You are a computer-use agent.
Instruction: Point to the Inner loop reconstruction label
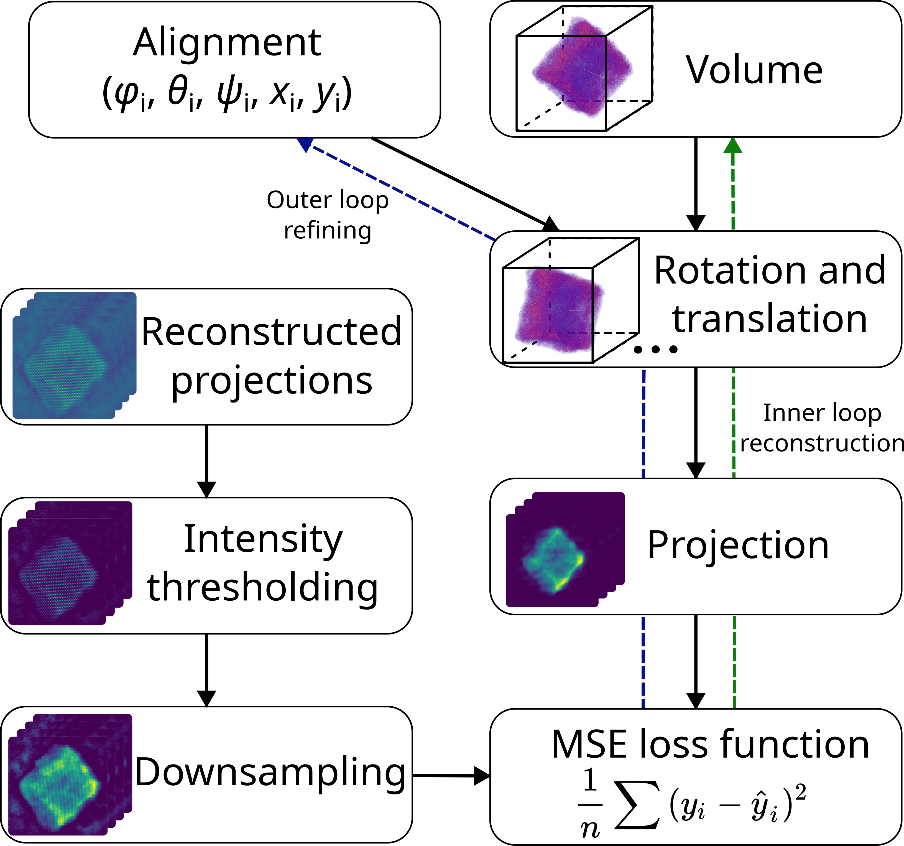tap(821, 427)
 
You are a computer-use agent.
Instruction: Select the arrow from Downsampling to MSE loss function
tap(451, 776)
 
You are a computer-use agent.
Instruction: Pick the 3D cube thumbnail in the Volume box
tap(584, 68)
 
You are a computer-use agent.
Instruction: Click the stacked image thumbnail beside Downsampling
tap(70, 774)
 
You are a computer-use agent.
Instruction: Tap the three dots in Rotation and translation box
tap(656, 349)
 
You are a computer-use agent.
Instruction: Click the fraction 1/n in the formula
tap(590, 805)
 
